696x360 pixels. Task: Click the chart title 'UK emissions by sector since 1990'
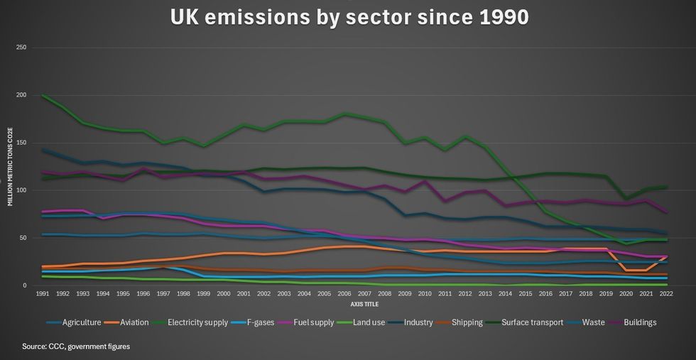click(349, 17)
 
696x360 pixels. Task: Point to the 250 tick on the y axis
click(21, 48)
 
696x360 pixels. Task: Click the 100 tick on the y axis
click(21, 190)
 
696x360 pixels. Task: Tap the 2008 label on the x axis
click(385, 293)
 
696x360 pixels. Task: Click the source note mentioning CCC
click(76, 347)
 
